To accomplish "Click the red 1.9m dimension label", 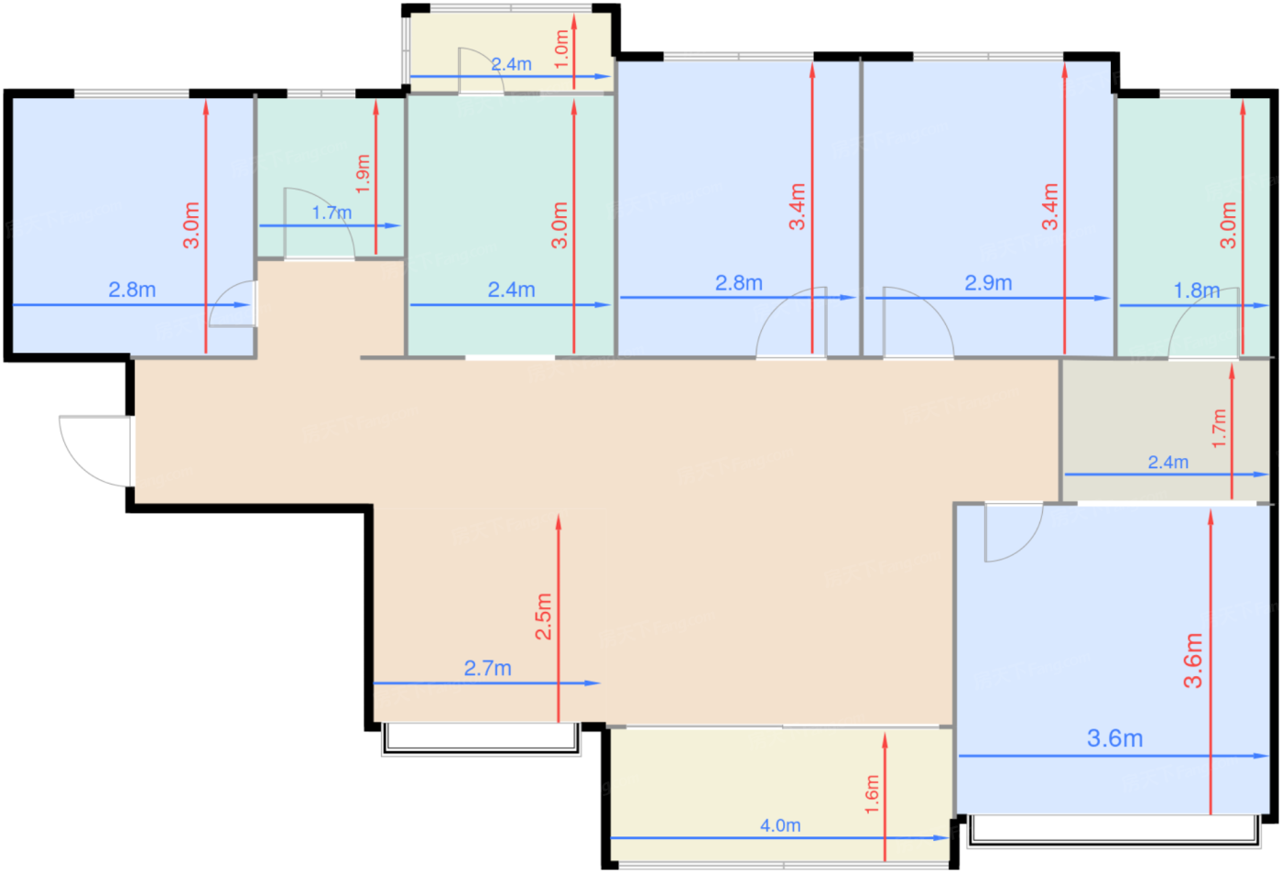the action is click(x=363, y=174).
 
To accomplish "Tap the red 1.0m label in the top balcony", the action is click(x=561, y=49).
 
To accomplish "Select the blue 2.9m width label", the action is click(x=988, y=283).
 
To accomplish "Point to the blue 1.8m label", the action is click(x=1196, y=290).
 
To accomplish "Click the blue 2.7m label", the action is click(x=487, y=668).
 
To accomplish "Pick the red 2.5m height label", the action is click(x=543, y=616).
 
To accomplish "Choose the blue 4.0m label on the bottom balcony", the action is click(x=780, y=825).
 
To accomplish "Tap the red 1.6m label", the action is click(x=871, y=794).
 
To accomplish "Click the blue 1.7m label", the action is click(x=331, y=213).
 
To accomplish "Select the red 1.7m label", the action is click(x=1219, y=428).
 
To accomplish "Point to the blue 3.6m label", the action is click(x=1115, y=738).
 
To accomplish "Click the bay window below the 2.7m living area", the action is click(x=482, y=739).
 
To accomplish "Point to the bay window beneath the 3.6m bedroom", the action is click(x=1114, y=831).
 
